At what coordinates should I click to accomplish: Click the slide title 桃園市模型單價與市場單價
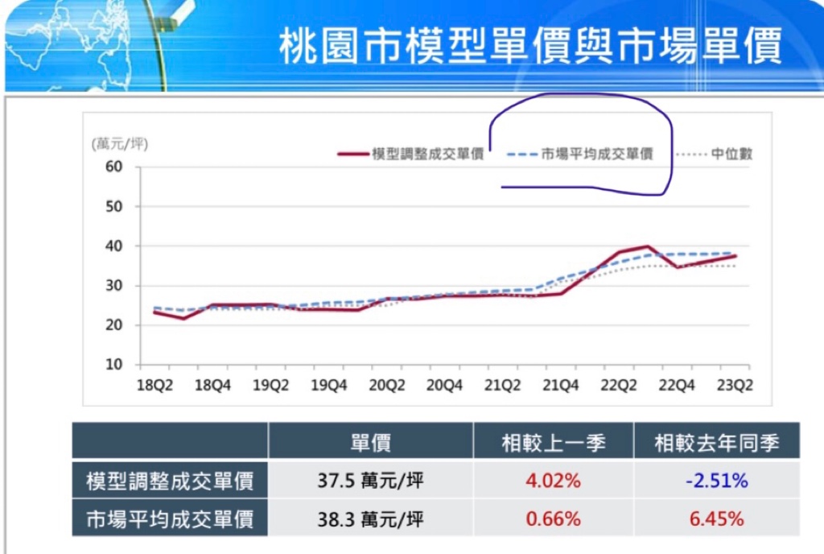point(530,48)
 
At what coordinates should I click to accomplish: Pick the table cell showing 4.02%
point(553,482)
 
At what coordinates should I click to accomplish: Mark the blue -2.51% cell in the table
point(717,482)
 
